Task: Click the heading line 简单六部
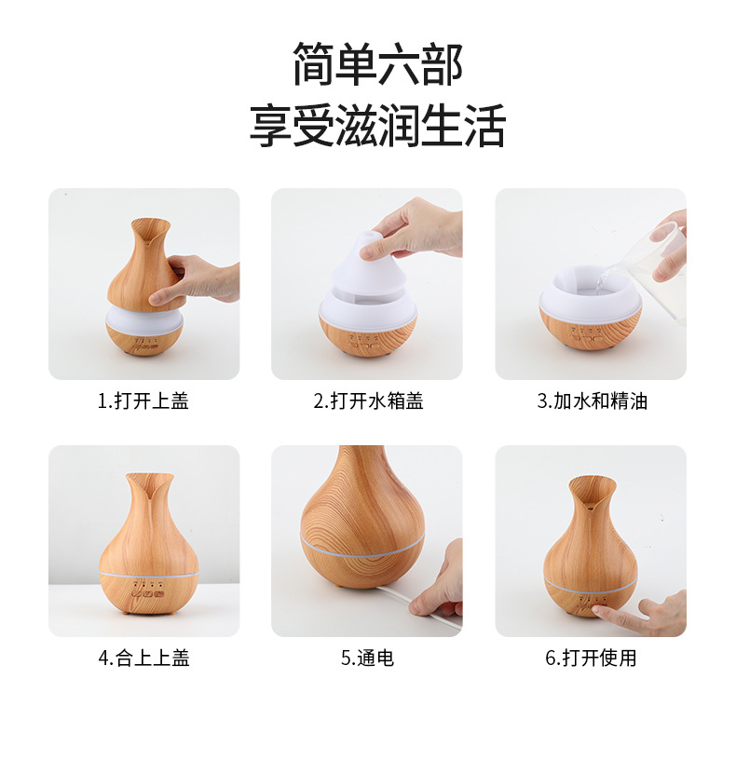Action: [x=378, y=64]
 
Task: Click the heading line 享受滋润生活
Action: [x=377, y=126]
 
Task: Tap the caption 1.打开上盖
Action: [x=143, y=401]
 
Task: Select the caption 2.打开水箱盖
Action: [x=368, y=401]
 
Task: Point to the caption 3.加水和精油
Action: [x=592, y=401]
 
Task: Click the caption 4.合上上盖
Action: [x=143, y=658]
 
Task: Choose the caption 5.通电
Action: [x=367, y=658]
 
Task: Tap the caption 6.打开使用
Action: [x=591, y=658]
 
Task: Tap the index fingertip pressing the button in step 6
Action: [x=597, y=611]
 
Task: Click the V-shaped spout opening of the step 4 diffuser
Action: [x=149, y=485]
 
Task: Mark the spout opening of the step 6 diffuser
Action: [x=592, y=491]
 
